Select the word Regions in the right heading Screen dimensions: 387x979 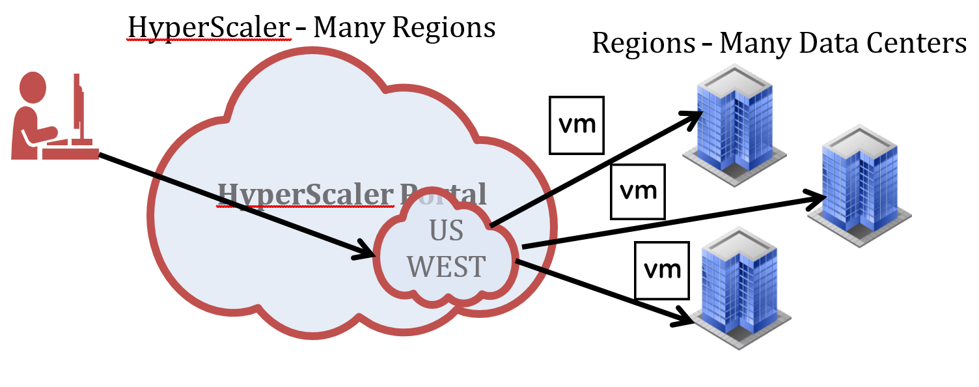click(643, 44)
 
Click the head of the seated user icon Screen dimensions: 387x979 click(33, 86)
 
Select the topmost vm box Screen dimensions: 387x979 click(577, 125)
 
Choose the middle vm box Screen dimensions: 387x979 click(637, 192)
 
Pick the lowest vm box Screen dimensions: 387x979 click(662, 270)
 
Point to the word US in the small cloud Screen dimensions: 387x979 click(447, 231)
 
